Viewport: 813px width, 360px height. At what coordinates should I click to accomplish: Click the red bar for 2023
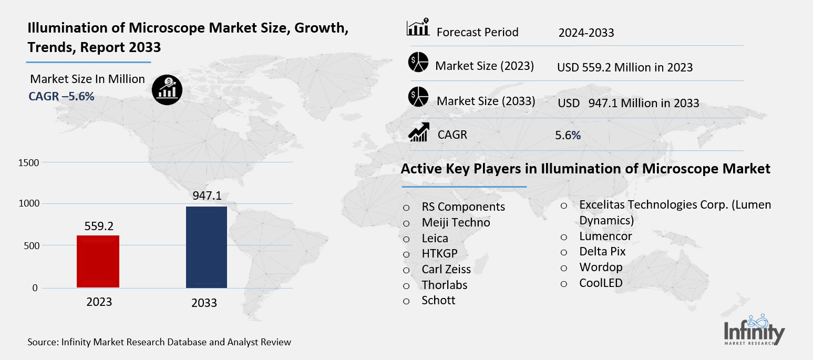pyautogui.click(x=98, y=261)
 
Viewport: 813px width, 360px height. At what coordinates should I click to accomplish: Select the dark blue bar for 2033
pyautogui.click(x=207, y=247)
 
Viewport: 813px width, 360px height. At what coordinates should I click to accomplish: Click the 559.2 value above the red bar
pyautogui.click(x=98, y=225)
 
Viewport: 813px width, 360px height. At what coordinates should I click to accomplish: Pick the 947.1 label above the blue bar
pyautogui.click(x=207, y=196)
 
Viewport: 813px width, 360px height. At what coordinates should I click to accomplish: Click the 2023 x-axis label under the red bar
pyautogui.click(x=99, y=302)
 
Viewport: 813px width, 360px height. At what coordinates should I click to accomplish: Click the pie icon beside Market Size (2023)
pyautogui.click(x=418, y=63)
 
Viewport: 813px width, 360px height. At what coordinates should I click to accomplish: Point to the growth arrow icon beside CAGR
pyautogui.click(x=419, y=132)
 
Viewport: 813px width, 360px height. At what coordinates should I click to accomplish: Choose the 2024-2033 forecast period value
pyautogui.click(x=586, y=33)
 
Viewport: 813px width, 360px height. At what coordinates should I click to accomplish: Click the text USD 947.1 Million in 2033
pyautogui.click(x=629, y=103)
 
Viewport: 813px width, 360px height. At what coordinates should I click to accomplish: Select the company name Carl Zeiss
pyautogui.click(x=446, y=270)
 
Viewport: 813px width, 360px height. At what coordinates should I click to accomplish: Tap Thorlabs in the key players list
pyautogui.click(x=444, y=285)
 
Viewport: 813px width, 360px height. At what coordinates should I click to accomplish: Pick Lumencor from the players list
pyautogui.click(x=605, y=236)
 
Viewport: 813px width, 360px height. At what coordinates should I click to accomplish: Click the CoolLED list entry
pyautogui.click(x=601, y=283)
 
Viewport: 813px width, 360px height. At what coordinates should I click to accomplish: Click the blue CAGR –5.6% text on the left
pyautogui.click(x=61, y=96)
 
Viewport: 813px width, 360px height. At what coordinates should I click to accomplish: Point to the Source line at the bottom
pyautogui.click(x=159, y=342)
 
